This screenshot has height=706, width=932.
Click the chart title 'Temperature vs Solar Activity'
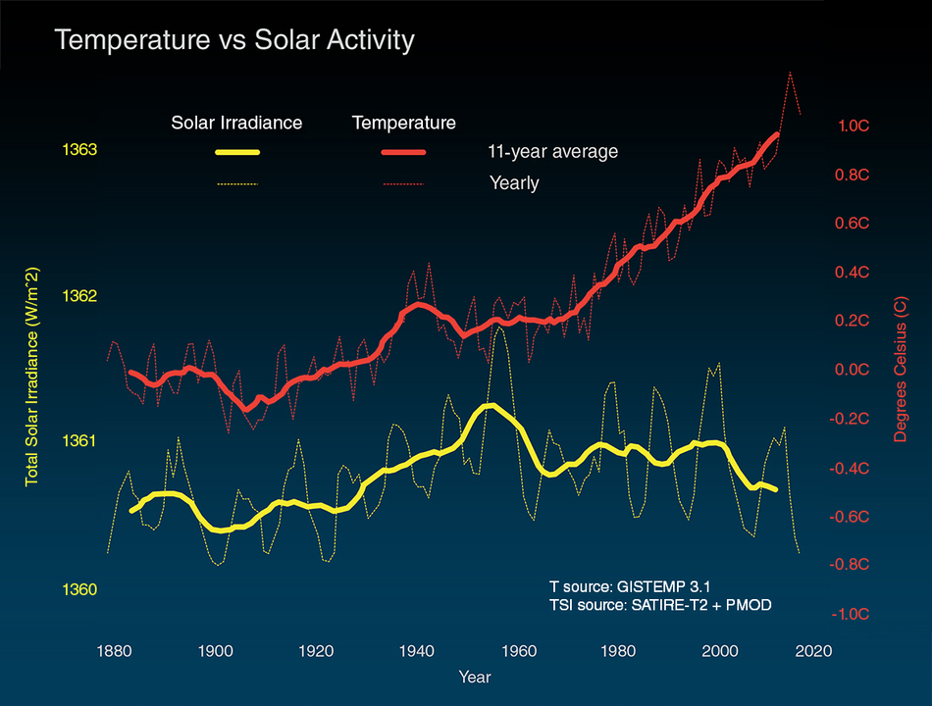[x=234, y=41]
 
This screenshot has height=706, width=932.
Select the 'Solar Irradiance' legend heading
[x=236, y=123]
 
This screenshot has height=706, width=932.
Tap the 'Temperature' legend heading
[x=403, y=123]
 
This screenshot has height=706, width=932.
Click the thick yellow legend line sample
[x=236, y=152]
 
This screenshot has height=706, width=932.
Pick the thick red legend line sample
[x=403, y=152]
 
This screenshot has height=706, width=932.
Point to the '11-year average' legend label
[x=552, y=152]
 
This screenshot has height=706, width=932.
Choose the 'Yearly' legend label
[x=513, y=182]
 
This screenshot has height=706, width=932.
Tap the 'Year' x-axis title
[x=474, y=677]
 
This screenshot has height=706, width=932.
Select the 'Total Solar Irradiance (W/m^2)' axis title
[x=32, y=377]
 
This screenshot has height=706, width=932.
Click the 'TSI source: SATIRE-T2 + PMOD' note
[x=660, y=605]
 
